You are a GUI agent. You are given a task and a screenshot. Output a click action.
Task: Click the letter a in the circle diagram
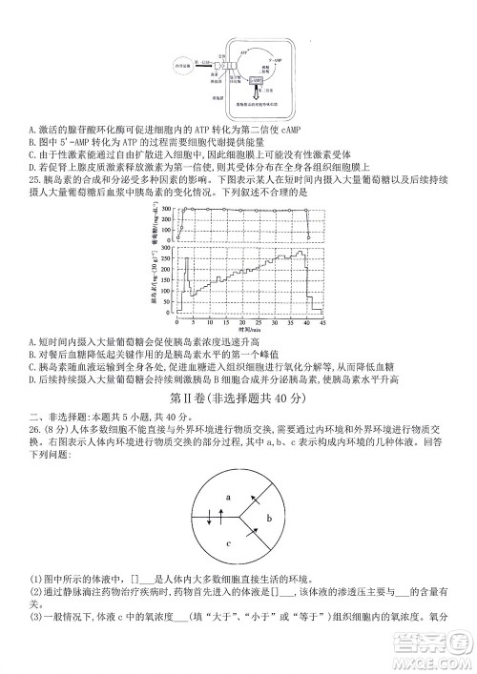pyautogui.click(x=228, y=498)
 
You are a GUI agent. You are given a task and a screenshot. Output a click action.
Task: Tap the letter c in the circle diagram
pyautogui.click(x=228, y=543)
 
